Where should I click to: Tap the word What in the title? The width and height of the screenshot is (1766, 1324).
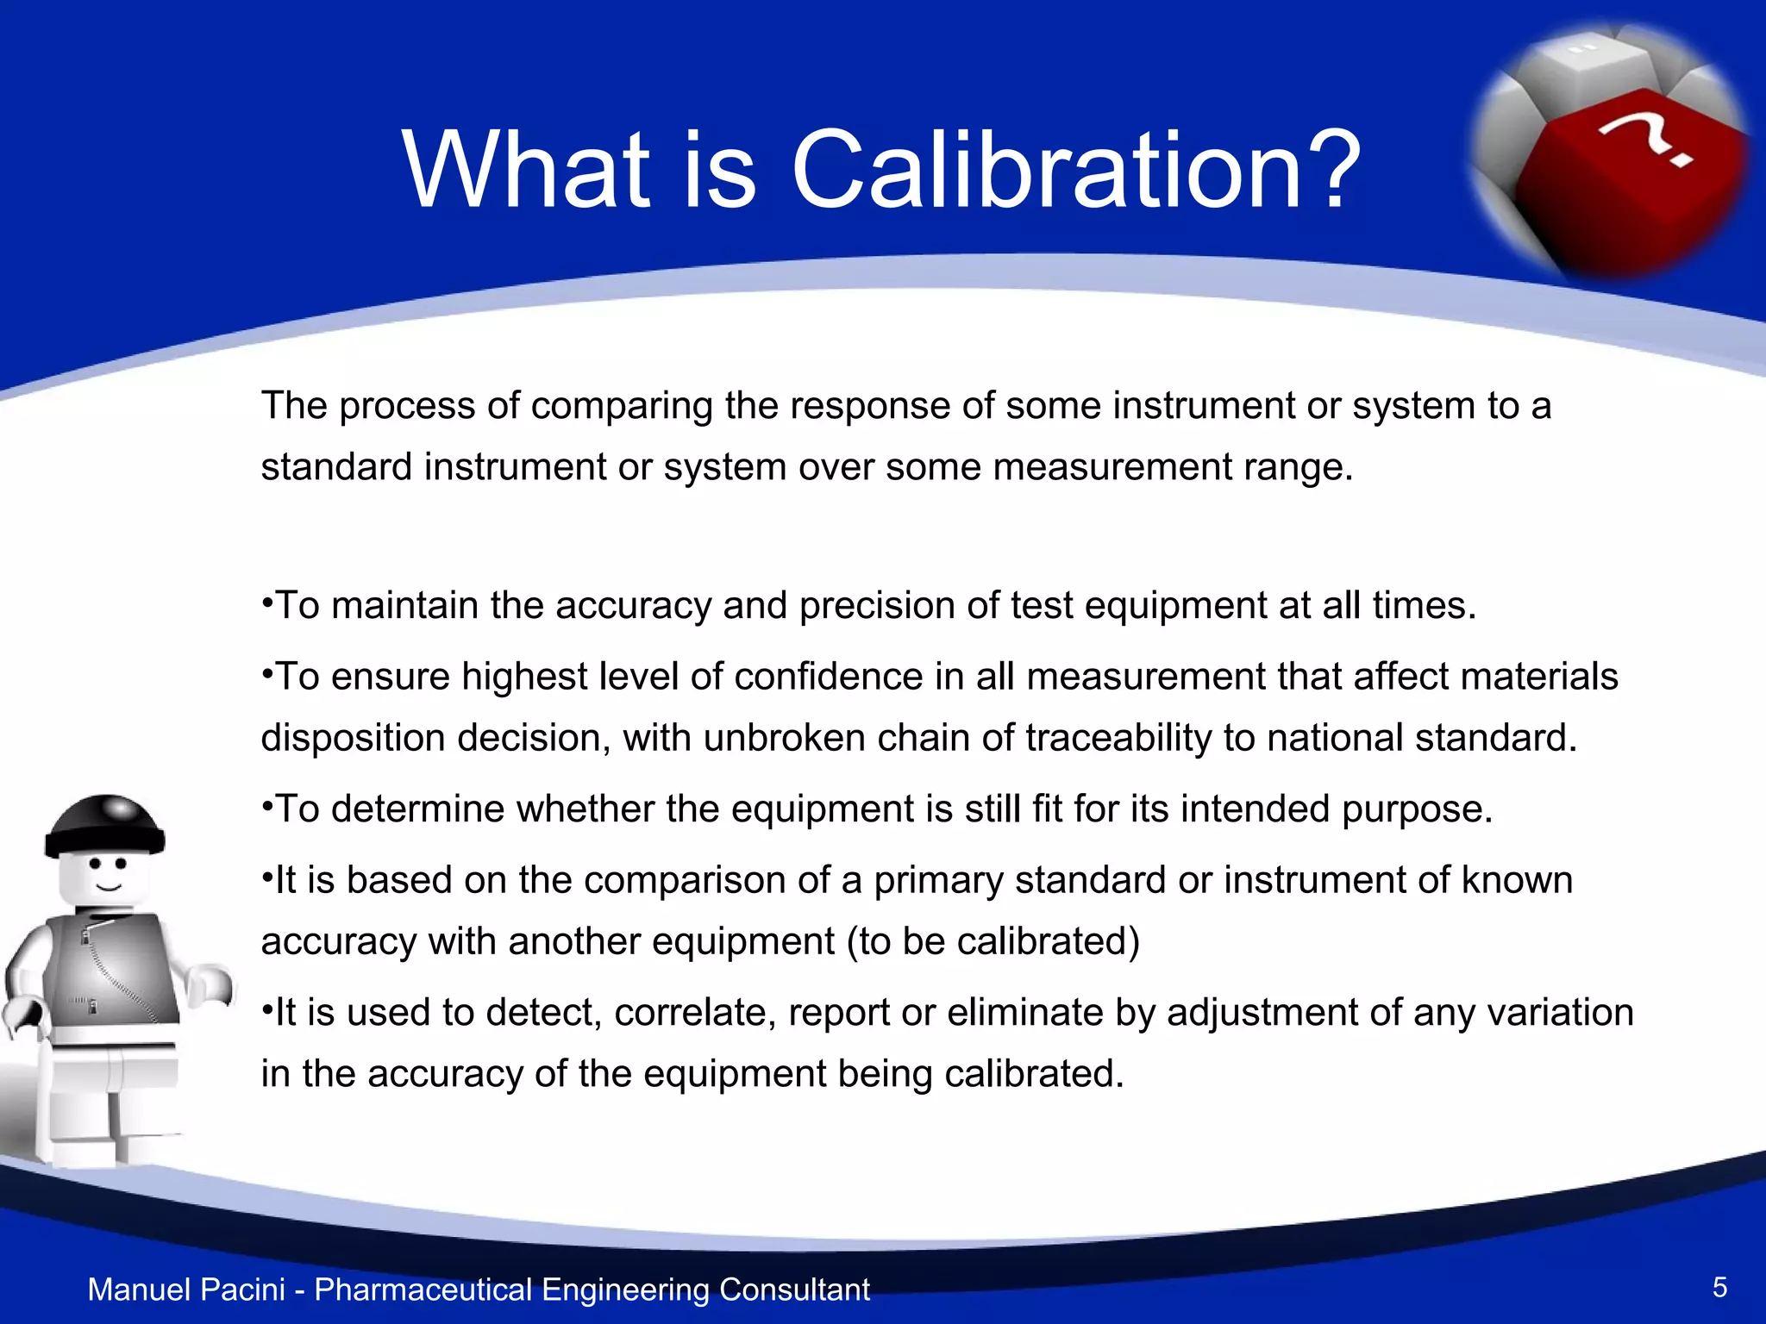(527, 170)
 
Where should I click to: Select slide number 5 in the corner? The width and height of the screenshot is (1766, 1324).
(1719, 1288)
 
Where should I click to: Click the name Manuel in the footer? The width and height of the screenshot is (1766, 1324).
(140, 1290)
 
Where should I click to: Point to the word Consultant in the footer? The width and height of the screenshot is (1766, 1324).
(794, 1290)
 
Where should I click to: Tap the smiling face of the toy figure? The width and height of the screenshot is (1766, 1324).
(108, 875)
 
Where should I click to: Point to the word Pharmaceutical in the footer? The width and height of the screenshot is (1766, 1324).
(423, 1290)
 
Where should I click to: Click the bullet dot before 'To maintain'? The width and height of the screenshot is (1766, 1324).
(267, 599)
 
